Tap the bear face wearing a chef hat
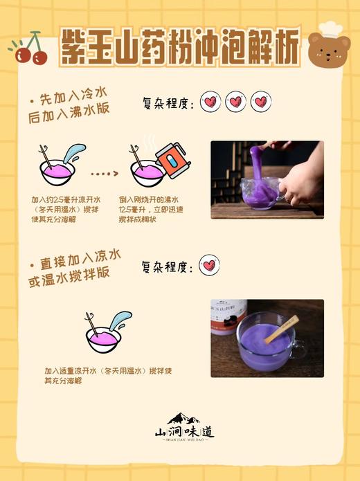click(328, 47)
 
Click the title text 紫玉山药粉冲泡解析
click(179, 48)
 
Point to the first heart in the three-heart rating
click(210, 102)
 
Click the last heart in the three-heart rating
click(260, 102)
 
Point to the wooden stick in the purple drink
click(281, 329)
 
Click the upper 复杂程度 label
click(167, 103)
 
